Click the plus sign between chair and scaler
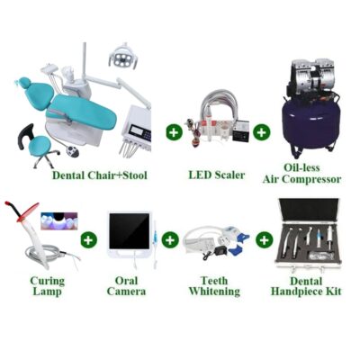174,131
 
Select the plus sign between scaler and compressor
261,131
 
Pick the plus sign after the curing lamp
88,240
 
